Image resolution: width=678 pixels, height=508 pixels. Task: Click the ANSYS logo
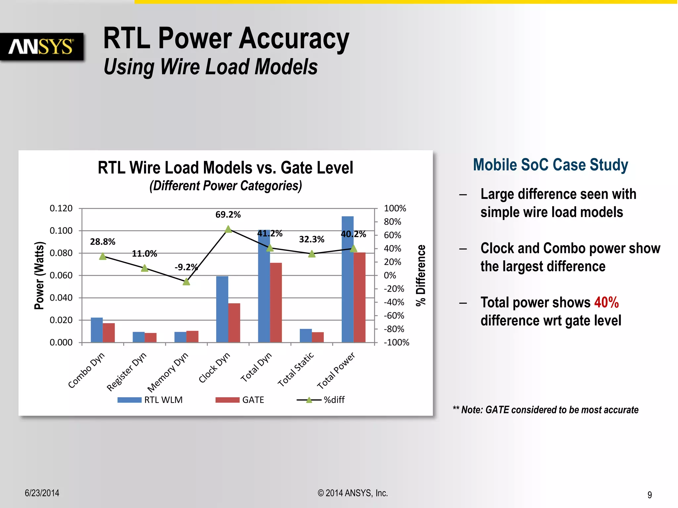coord(41,47)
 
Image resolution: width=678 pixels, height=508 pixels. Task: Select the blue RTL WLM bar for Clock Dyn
coord(222,309)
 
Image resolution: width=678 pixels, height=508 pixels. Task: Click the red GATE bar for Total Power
coord(360,297)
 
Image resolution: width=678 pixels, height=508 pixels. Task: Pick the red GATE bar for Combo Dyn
coord(109,332)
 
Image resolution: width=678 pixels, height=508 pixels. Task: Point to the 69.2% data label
coord(228,215)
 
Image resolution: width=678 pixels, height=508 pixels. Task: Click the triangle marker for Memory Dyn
coord(186,282)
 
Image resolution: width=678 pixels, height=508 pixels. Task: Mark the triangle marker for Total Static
coord(312,254)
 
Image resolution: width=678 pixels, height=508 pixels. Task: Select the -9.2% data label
coord(186,267)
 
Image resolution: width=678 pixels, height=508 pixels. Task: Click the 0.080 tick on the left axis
coord(61,253)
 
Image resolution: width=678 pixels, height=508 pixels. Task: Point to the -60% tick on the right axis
coord(394,316)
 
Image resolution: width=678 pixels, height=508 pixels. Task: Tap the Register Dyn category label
coord(126,371)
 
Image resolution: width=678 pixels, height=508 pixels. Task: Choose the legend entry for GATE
coord(240,400)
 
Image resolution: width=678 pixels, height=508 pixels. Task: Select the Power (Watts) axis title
coord(39,275)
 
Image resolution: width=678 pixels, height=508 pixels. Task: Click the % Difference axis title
coord(421,275)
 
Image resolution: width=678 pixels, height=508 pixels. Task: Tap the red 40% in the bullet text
coord(606,302)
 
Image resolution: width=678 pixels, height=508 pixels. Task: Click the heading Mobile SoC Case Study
coord(550,165)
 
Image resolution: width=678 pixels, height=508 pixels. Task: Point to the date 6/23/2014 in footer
coord(42,493)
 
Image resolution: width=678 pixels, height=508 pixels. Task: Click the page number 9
coord(650,495)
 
